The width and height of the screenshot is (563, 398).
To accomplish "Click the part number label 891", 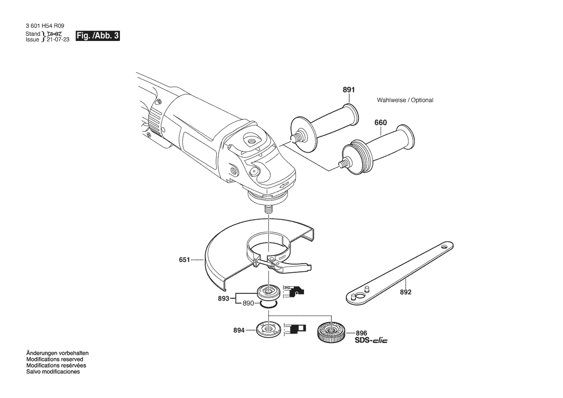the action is tap(349, 90).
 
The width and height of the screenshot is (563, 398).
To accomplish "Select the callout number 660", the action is tap(380, 122).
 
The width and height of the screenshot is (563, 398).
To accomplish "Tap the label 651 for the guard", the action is tap(184, 259).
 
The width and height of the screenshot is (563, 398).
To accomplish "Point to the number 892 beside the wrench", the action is tap(406, 292).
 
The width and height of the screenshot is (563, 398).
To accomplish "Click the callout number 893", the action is tap(223, 299).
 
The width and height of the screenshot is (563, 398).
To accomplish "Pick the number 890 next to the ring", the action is tap(248, 303).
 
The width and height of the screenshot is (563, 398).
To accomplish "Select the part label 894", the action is tap(239, 330).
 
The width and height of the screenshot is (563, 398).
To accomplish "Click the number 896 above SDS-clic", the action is tap(362, 333).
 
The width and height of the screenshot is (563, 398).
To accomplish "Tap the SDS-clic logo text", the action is tap(371, 340).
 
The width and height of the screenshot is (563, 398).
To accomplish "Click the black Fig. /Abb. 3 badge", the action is tap(98, 36).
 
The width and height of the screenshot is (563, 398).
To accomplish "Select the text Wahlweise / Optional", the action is tap(405, 100).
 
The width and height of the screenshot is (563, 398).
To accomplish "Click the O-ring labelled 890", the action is tap(269, 305).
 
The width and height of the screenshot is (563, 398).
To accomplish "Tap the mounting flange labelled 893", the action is tap(269, 291).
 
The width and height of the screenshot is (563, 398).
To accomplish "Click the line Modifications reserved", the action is tap(54, 359).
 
